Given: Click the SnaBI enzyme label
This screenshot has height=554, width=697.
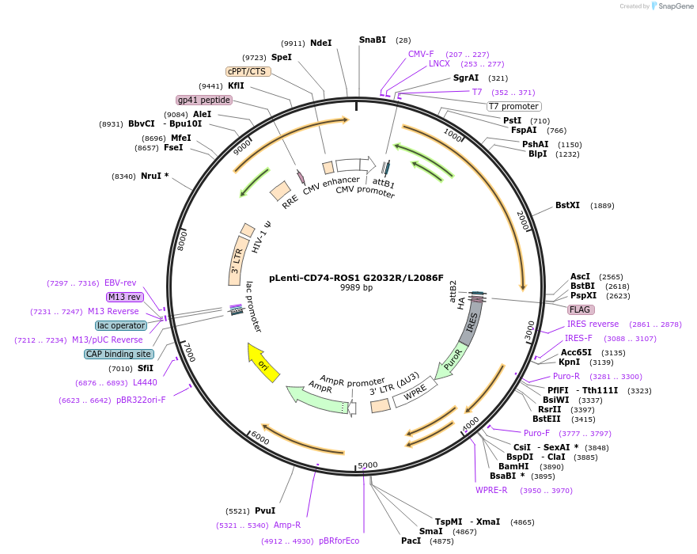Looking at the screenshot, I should (372, 40).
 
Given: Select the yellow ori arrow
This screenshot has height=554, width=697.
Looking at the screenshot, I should (263, 363).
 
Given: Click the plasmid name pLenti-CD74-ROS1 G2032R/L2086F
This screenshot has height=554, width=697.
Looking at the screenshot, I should (356, 278).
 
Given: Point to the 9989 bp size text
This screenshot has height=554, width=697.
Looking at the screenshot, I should (356, 288).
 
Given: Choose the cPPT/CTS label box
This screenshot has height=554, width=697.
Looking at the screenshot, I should (248, 71).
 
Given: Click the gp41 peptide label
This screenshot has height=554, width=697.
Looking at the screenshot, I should (203, 100).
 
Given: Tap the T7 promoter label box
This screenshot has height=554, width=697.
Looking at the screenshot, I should (513, 106).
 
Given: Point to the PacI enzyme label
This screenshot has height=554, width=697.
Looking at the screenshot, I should (411, 541).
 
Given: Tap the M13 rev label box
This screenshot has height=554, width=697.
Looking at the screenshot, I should (125, 297).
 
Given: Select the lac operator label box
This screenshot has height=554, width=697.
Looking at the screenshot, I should (121, 325).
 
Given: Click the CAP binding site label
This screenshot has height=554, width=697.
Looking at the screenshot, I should (119, 354).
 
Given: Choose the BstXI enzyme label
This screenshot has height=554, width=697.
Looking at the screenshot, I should (567, 206).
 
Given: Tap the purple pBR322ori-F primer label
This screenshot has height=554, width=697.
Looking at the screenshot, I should (141, 400).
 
